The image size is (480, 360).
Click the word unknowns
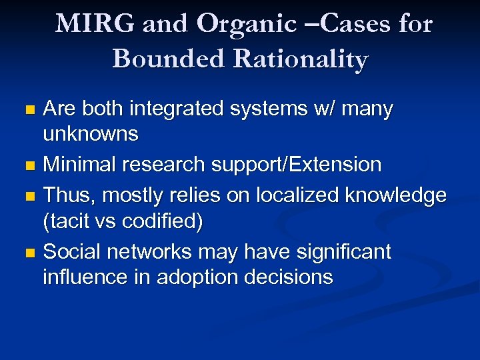[91, 134]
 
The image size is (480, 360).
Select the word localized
[291, 196]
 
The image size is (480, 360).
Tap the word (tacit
[68, 221]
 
